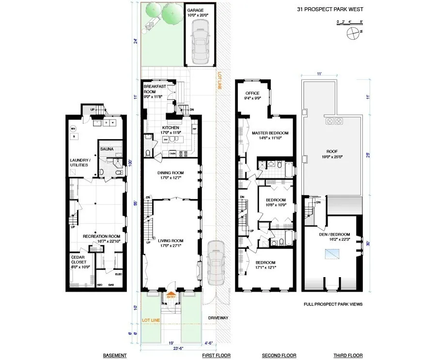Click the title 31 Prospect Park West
[x=330, y=9]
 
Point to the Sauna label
[x=107, y=149]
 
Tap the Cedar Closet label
[x=78, y=260]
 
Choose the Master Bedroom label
[x=270, y=133]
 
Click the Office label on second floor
[x=252, y=93]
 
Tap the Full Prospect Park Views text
[x=333, y=304]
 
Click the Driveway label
[x=218, y=318]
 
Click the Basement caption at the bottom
[x=115, y=356]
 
